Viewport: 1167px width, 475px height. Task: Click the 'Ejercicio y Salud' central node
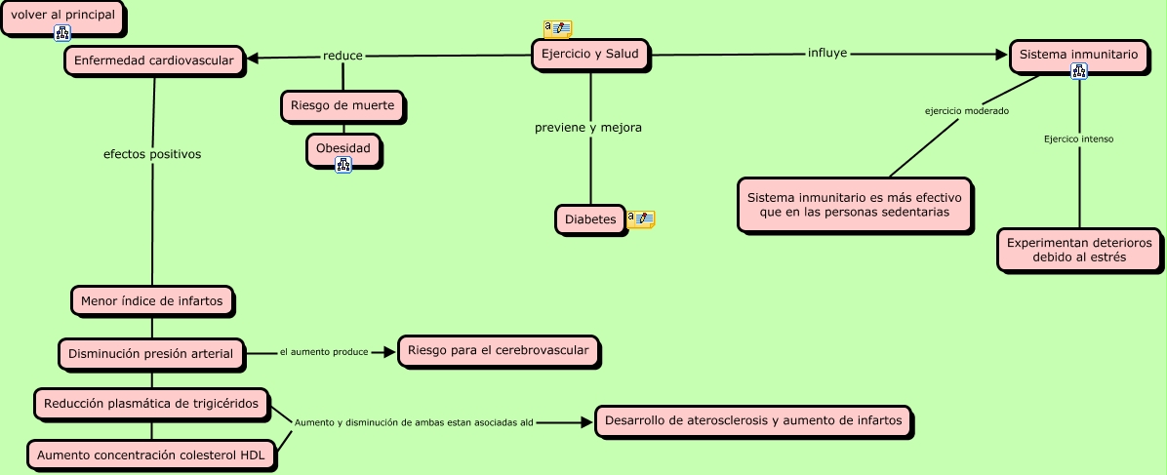point(590,55)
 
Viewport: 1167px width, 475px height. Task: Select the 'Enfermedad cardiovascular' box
point(154,61)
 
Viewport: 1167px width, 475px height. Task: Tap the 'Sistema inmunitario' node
point(1078,56)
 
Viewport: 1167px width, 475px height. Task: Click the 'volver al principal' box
point(62,17)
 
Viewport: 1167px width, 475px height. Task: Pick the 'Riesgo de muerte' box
point(342,106)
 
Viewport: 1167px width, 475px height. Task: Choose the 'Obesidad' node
point(342,148)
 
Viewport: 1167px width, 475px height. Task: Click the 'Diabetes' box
point(590,220)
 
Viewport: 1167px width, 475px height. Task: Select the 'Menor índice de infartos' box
point(152,301)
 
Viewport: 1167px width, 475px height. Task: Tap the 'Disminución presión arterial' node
point(151,354)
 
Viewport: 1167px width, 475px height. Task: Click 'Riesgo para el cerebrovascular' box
point(498,350)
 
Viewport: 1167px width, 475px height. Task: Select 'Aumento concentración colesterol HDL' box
point(151,455)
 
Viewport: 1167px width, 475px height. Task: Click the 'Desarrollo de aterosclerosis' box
point(753,421)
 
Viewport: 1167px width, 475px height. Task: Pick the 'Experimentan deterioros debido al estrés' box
point(1079,250)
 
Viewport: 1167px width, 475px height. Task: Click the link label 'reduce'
point(342,56)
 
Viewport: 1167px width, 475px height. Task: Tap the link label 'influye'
point(827,52)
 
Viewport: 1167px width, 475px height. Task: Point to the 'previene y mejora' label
point(588,128)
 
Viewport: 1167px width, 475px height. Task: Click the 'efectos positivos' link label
point(152,154)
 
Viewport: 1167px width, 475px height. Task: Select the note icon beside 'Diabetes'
point(641,218)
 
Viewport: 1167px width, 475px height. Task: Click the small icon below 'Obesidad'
point(342,165)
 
